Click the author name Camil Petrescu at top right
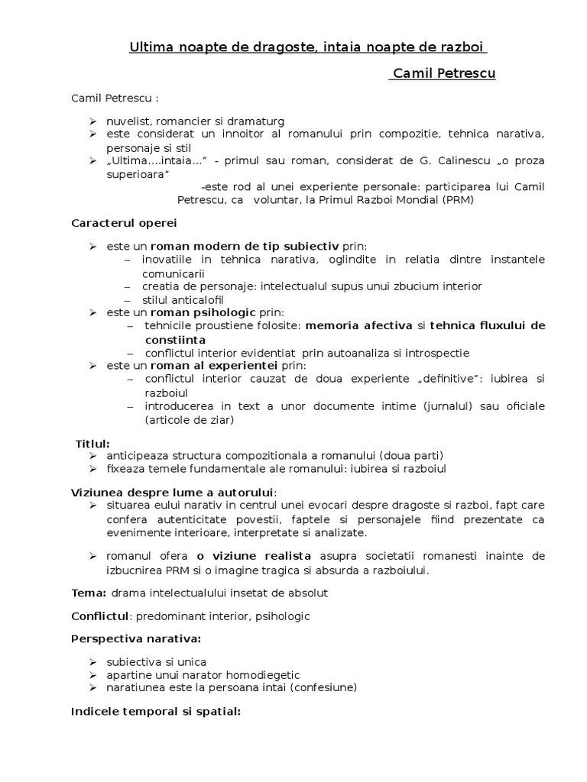click(x=443, y=74)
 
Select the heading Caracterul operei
click(x=124, y=222)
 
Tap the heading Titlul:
click(x=92, y=443)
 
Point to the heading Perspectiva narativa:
click(x=136, y=638)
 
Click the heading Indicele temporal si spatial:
click(x=156, y=711)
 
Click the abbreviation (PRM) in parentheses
click(x=457, y=200)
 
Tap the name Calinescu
click(x=444, y=161)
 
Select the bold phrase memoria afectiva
click(x=358, y=325)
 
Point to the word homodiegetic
click(x=261, y=674)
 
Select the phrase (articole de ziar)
click(x=190, y=419)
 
